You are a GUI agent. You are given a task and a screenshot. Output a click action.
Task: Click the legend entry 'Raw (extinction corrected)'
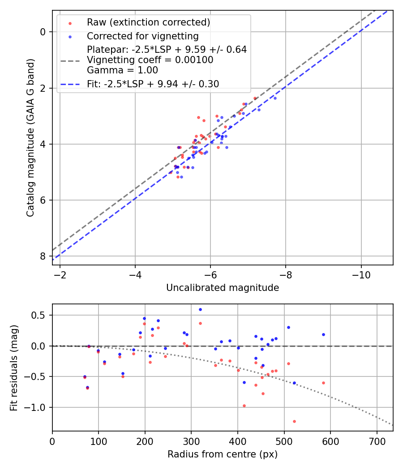click(148, 22)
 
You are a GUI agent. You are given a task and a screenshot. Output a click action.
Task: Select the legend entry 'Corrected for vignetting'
click(142, 36)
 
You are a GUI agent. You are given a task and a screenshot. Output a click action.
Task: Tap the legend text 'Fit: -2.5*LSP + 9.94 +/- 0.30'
click(153, 84)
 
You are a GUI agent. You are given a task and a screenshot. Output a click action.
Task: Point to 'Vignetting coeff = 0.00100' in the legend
click(150, 60)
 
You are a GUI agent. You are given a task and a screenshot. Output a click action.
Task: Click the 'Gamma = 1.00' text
click(122, 70)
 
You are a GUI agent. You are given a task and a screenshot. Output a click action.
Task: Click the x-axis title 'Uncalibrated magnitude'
click(223, 288)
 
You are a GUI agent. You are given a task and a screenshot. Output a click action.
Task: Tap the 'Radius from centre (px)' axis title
click(223, 454)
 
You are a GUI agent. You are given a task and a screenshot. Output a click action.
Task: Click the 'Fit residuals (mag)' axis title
click(14, 367)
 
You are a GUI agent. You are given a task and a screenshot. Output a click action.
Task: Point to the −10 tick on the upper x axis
click(361, 275)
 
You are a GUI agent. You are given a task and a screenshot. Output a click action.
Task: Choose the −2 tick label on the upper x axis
click(60, 275)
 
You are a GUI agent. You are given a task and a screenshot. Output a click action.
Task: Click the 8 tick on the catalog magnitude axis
click(43, 256)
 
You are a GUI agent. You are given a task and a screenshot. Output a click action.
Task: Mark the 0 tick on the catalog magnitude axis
click(43, 32)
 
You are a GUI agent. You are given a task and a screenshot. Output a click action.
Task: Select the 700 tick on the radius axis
click(377, 441)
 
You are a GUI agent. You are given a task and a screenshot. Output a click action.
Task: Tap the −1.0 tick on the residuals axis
click(37, 407)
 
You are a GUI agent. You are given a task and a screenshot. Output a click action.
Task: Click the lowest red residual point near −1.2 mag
click(294, 421)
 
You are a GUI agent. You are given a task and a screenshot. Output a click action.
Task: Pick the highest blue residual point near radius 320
click(200, 309)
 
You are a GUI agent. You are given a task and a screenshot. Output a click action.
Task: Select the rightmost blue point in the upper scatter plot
click(275, 98)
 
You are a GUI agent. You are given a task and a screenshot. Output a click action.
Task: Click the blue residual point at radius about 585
click(323, 334)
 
